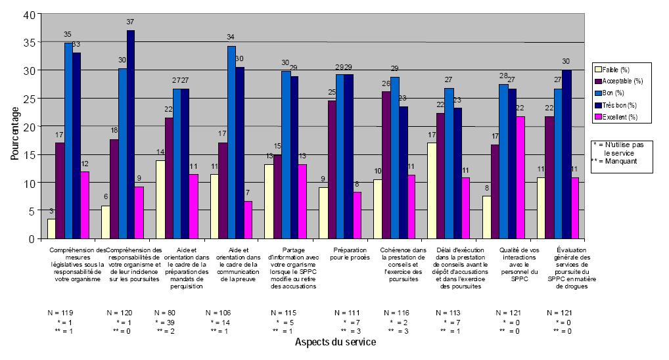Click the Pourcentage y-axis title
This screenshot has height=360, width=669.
14,125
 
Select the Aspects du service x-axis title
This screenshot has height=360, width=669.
335,342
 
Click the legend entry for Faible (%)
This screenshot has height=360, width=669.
617,68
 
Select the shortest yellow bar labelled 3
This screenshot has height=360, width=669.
51,228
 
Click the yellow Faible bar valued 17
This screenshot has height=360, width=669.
431,191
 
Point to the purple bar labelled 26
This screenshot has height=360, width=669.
386,165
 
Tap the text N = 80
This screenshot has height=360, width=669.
166,312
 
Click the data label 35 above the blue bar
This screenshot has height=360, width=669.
67,34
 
